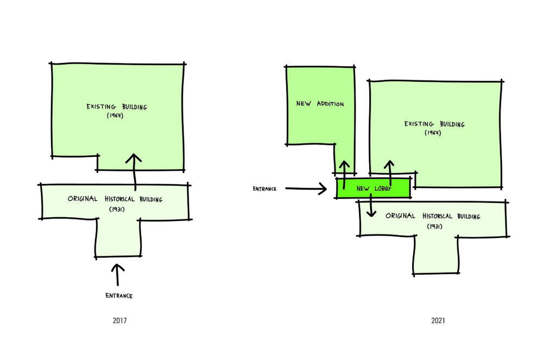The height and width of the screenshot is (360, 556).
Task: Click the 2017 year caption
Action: [x=119, y=320]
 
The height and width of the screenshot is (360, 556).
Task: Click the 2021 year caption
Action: [x=438, y=320]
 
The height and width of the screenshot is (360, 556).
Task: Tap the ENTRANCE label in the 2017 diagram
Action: [x=119, y=296]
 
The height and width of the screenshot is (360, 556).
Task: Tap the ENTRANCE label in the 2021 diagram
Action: [x=264, y=189]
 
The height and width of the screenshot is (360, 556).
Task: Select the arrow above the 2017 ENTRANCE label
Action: [x=118, y=275]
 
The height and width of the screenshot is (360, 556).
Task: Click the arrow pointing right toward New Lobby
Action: [x=306, y=188]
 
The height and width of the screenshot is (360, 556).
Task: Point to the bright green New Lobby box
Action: [x=374, y=188]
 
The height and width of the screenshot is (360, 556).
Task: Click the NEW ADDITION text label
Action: [x=320, y=104]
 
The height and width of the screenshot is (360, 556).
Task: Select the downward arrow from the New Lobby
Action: [x=371, y=205]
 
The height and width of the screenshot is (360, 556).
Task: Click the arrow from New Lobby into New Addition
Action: [x=344, y=174]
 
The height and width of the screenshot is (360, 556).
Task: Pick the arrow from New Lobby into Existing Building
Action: [x=389, y=172]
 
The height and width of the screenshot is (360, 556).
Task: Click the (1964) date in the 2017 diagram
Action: [x=115, y=115]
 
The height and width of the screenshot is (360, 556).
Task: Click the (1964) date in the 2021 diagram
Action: [x=433, y=132]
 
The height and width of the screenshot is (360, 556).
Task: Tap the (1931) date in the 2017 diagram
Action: [x=117, y=209]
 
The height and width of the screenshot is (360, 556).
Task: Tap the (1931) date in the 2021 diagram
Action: [x=434, y=226]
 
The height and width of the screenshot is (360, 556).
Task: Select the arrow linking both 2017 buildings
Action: [x=134, y=172]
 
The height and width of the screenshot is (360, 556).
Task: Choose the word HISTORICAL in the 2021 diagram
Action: [x=437, y=216]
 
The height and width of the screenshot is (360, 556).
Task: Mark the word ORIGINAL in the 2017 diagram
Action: [x=83, y=199]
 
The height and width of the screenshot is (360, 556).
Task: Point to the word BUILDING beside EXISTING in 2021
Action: [x=452, y=124]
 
